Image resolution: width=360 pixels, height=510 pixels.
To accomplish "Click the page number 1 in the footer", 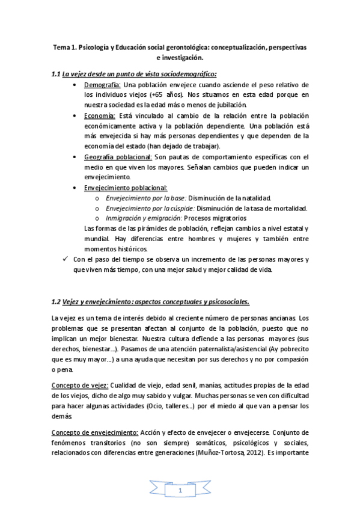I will coord(180,491).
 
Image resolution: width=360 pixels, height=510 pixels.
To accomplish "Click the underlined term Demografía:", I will coord(102,85).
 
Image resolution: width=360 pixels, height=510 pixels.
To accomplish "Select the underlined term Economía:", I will coord(100,115).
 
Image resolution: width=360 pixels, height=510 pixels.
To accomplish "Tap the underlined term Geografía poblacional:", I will coord(117,156).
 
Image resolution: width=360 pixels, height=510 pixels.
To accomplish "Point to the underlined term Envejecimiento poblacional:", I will coord(126,188).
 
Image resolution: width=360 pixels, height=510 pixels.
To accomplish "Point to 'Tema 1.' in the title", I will coord(63,47).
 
